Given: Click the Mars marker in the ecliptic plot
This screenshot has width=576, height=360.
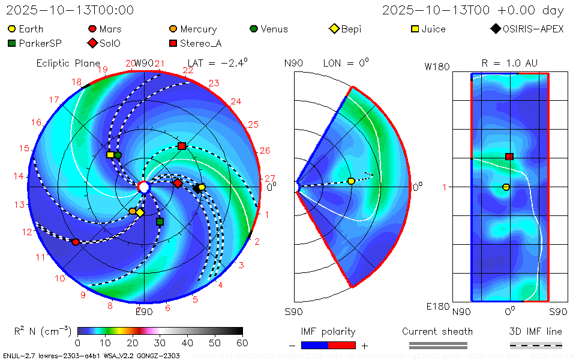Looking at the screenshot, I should tap(76, 242).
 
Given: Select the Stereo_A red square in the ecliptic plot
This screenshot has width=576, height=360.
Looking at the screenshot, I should tap(182, 146).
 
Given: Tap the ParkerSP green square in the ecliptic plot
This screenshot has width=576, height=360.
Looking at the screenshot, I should tap(160, 221).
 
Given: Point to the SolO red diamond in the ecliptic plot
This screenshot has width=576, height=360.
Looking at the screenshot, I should tap(178, 183).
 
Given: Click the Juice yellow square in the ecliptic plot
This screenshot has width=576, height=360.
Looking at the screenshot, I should tap(110, 155).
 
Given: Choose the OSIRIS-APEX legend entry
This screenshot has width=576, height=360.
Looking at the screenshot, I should tap(527, 29).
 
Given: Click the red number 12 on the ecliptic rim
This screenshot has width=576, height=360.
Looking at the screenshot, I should tap(27, 232).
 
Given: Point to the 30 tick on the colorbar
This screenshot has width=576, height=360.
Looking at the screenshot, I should tap(160, 343).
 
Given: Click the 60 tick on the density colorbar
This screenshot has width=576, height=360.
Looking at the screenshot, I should tap(242, 343).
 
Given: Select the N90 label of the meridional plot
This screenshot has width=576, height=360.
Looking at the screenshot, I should tap(293, 63).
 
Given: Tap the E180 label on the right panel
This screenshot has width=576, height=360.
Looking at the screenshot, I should tap(437, 307).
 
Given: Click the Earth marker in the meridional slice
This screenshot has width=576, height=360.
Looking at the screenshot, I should tap(352, 181).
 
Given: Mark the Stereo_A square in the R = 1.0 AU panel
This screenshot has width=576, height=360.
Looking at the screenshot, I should tap(509, 157).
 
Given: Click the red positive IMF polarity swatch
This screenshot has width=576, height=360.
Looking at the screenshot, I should tap(342, 345).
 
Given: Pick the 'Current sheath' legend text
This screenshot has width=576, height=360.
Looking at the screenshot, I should tap(437, 331).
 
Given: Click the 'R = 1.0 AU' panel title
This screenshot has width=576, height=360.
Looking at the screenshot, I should tap(509, 63).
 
